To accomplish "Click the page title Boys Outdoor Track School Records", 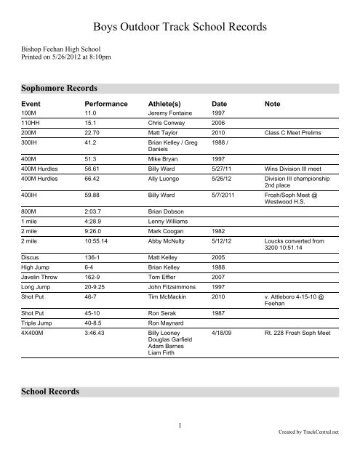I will [179, 28].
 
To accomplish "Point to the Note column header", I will [273, 105].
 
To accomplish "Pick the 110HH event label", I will [30, 124].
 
